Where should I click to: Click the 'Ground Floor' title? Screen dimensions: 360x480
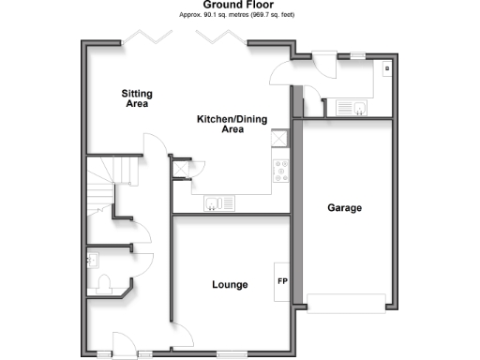click(239, 5)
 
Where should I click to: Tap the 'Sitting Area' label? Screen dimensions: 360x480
click(138, 98)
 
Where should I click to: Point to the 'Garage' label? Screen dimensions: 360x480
click(344, 207)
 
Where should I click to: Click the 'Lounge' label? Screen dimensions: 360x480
click(230, 284)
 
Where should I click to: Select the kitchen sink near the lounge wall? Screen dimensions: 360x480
click(219, 202)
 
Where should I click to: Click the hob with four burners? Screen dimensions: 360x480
click(279, 171)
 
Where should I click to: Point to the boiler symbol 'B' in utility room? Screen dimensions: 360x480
click(386, 70)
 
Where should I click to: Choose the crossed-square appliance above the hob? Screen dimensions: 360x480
click(278, 139)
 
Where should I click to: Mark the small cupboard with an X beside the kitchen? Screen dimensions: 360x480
click(181, 170)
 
